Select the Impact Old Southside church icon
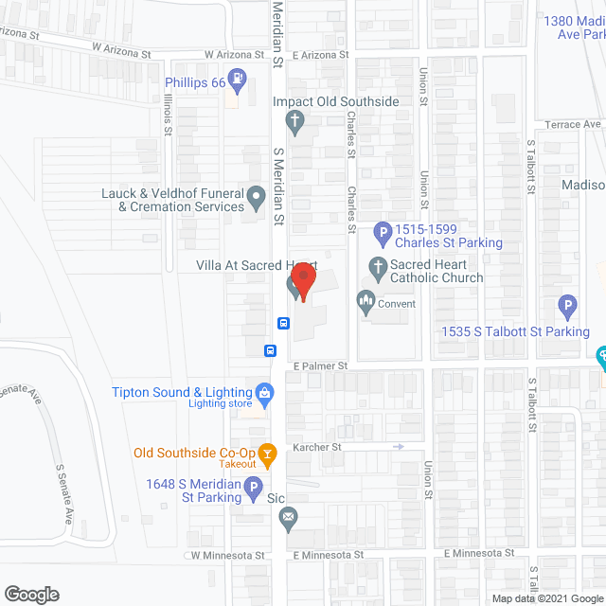294,120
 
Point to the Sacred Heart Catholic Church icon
377,268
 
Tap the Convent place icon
365,303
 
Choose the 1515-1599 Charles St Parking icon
383,232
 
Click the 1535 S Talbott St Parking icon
567,306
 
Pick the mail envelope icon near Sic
288,517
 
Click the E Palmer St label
321,365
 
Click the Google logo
30,594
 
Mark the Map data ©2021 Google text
546,598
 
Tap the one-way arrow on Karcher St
399,446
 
